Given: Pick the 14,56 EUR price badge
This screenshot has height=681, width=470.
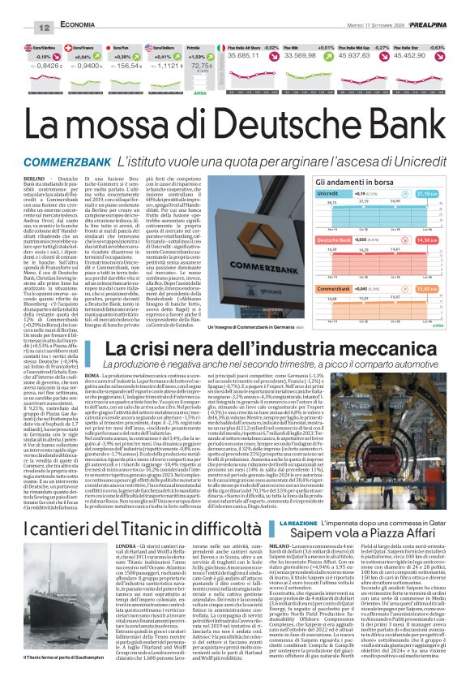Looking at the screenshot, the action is [x=448, y=241].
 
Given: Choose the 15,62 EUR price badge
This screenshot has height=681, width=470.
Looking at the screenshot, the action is [x=448, y=288].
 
